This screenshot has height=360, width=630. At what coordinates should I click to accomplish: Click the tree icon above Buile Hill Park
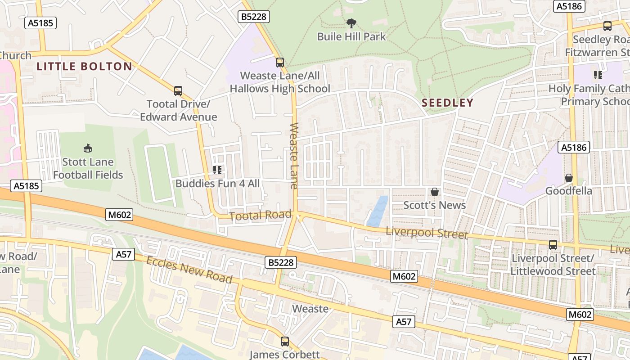[351, 23]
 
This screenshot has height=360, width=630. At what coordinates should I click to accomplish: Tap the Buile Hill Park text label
[351, 36]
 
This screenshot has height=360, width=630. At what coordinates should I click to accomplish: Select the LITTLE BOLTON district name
[85, 67]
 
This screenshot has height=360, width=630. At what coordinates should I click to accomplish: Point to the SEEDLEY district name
[447, 103]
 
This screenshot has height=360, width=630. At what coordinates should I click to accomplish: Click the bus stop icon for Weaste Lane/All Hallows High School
[280, 62]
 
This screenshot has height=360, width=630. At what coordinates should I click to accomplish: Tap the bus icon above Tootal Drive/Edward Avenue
[178, 91]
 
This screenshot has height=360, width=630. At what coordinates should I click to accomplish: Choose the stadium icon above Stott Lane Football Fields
[88, 148]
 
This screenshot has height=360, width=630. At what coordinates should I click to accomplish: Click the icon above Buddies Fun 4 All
[217, 170]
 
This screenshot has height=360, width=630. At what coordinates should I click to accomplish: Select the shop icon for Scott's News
[435, 192]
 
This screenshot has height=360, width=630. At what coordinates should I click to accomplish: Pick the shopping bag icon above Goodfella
[569, 177]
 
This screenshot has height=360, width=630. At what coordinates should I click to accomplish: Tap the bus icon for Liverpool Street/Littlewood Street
[553, 245]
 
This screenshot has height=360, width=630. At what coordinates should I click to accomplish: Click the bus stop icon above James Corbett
[285, 341]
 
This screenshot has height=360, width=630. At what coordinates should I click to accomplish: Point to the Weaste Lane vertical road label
[294, 155]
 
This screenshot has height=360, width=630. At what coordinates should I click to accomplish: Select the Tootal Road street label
[260, 216]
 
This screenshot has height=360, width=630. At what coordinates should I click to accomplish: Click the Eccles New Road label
[189, 270]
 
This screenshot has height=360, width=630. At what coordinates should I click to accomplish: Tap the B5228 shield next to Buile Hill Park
[254, 17]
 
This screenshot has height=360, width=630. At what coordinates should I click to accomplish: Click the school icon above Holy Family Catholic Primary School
[598, 75]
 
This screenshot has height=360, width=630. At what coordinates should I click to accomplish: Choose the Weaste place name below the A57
[310, 309]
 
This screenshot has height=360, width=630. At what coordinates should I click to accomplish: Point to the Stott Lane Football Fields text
[88, 168]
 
